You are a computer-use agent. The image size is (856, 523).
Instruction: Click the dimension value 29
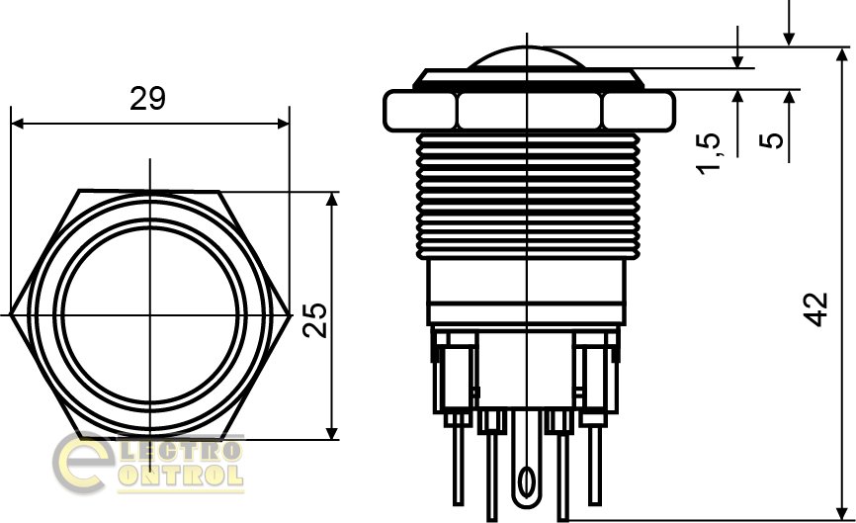pos(147,99)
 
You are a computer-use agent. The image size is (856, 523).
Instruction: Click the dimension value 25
pos(315,320)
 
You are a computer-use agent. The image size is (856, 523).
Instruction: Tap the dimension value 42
pos(817,309)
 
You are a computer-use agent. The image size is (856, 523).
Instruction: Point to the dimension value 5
pos(771,140)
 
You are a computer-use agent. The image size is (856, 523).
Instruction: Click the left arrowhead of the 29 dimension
pos(17,124)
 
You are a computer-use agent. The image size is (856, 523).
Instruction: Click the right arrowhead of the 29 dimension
pos(284,124)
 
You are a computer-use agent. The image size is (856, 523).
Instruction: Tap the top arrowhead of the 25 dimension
pos(332,198)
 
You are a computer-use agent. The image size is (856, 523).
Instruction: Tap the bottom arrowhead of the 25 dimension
pos(332,433)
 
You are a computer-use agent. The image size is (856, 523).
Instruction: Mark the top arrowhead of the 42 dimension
pos(842,54)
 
